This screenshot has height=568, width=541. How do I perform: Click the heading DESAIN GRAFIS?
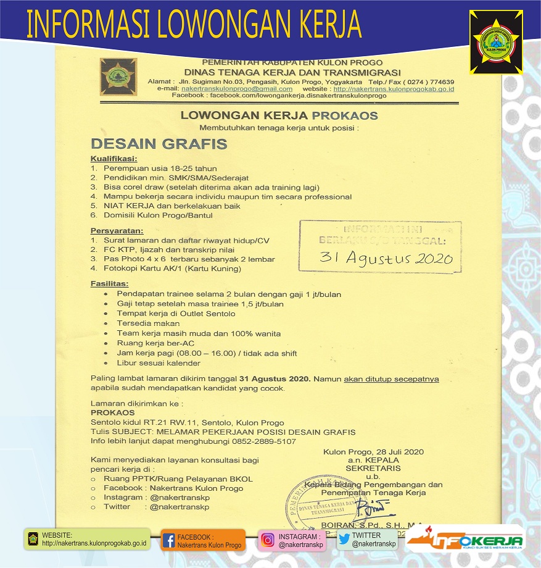click(159, 144)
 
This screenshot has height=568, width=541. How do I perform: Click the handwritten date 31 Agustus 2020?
click(386, 257)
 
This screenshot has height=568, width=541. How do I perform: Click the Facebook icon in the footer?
click(168, 541)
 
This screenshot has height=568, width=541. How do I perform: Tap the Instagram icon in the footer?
click(267, 540)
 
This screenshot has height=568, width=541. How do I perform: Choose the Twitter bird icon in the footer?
click(344, 539)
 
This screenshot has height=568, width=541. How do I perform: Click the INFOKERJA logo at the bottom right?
click(465, 541)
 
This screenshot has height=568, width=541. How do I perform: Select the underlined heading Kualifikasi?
click(114, 159)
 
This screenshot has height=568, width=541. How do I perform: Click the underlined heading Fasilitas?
click(109, 283)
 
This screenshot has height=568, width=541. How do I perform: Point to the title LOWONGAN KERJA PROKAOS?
click(279, 115)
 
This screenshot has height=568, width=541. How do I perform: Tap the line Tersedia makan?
click(148, 324)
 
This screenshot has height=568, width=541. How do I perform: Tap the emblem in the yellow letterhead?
click(119, 76)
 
